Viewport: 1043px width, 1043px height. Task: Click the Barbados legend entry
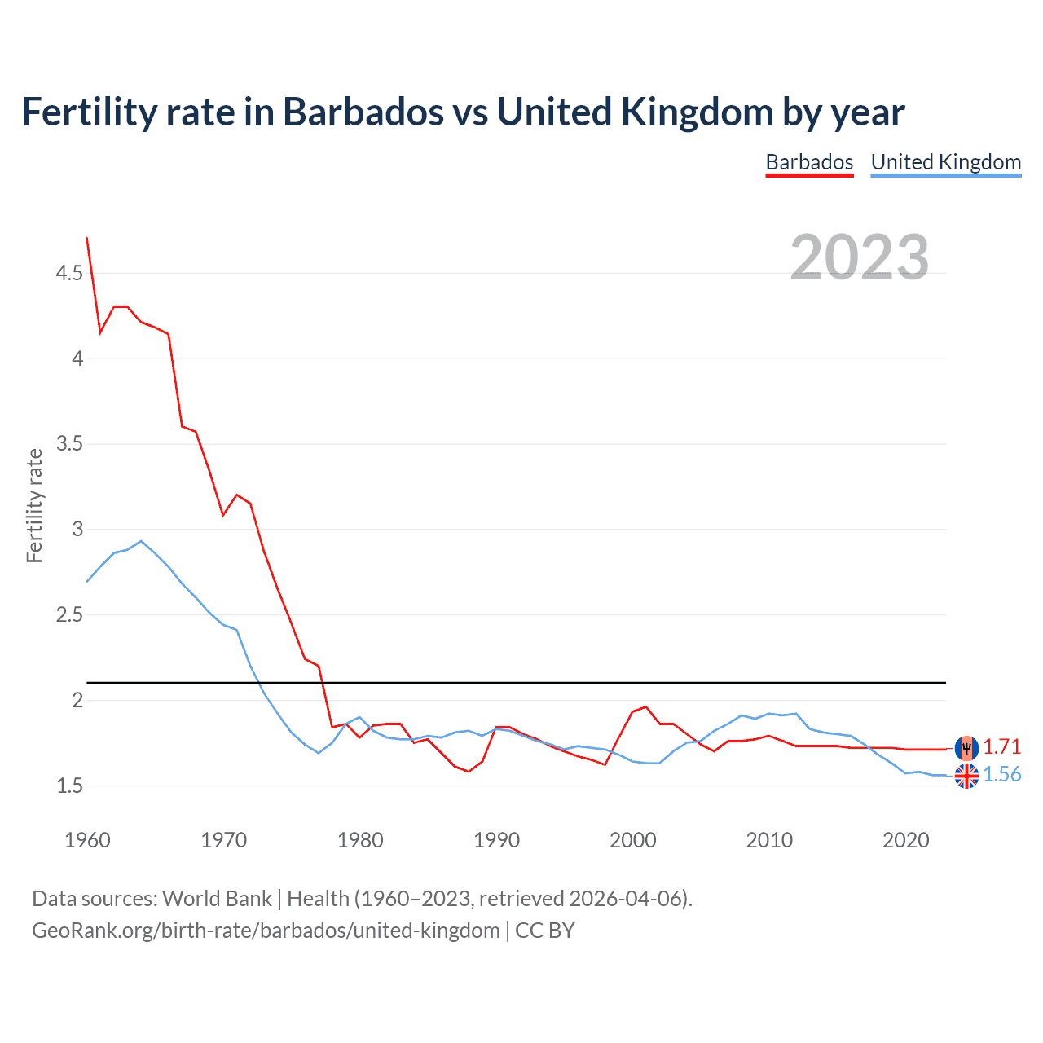809,162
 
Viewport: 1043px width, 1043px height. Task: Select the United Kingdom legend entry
945,162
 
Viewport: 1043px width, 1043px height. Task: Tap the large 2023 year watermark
859,257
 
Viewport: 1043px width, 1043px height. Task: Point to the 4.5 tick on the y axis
69,273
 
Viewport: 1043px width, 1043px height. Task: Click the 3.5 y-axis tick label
69,444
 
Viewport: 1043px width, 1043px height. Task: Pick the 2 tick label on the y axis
77,700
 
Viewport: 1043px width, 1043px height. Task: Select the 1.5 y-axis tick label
69,786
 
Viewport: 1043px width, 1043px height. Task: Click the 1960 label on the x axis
87,840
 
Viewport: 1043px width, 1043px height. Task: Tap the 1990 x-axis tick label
496,840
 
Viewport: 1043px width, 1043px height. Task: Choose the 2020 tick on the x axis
905,840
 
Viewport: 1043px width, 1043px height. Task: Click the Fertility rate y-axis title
34,505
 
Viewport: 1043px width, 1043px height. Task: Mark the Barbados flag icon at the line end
966,747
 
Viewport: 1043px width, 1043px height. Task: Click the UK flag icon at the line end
966,776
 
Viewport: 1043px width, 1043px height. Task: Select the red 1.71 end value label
1001,746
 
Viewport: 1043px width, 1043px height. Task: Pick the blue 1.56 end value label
1001,774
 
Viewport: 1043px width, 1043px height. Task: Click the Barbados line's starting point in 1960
87,238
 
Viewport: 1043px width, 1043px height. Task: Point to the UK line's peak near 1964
141,541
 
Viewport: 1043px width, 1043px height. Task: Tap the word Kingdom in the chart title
696,112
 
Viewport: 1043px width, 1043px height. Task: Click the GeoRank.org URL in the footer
266,930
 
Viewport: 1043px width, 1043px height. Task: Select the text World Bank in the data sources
217,898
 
